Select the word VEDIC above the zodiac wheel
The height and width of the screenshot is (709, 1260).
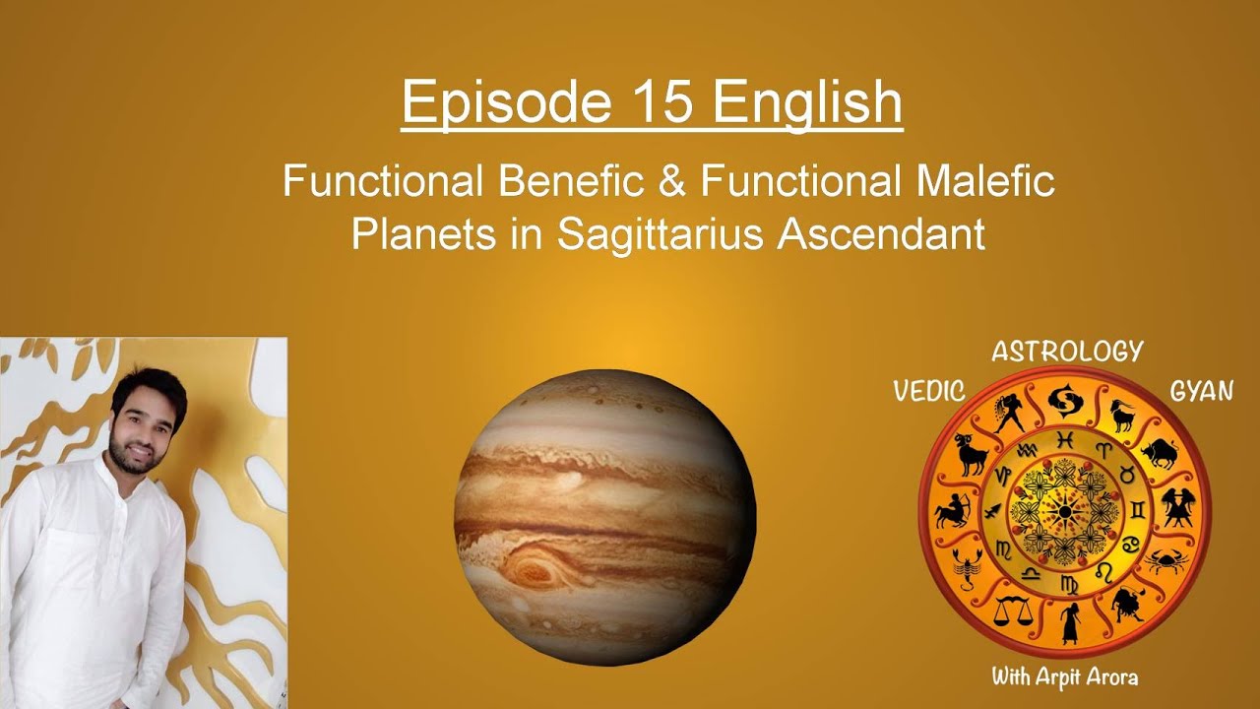[x=928, y=391]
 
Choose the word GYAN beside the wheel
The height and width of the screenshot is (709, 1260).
[x=1201, y=391]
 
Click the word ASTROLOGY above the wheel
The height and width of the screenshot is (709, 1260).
[x=1067, y=352]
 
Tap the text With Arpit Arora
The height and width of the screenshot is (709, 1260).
[x=1065, y=677]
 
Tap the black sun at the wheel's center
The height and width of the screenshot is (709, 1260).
[x=1064, y=511]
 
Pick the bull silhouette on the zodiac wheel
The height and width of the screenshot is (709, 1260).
[x=1159, y=455]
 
